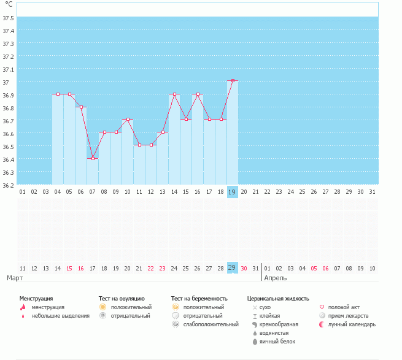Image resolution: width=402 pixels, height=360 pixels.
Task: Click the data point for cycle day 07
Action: pos(93,158)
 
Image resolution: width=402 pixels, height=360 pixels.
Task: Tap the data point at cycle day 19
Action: pos(232,81)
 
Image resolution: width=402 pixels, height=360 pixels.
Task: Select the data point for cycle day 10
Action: pos(128,120)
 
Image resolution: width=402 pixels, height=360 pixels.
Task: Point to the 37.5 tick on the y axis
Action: pos(8,18)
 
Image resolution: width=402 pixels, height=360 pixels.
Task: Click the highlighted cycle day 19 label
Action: pos(232,192)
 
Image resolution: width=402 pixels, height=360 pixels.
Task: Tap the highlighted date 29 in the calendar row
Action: pos(232,268)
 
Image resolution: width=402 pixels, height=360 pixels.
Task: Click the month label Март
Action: pos(15,278)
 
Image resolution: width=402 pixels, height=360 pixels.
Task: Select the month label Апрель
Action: pos(275,278)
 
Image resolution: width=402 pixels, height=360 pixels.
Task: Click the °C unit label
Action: pos(8,5)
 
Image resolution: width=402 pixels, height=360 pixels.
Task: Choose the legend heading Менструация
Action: pos(36,299)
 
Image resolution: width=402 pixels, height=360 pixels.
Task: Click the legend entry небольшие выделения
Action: pos(60,316)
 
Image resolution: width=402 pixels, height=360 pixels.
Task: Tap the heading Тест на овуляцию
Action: pos(122,299)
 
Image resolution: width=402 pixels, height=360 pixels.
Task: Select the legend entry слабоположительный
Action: pos(211,324)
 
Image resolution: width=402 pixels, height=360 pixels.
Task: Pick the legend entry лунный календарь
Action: pos(352,324)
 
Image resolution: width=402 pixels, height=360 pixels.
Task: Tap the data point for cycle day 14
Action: pos(174,94)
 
